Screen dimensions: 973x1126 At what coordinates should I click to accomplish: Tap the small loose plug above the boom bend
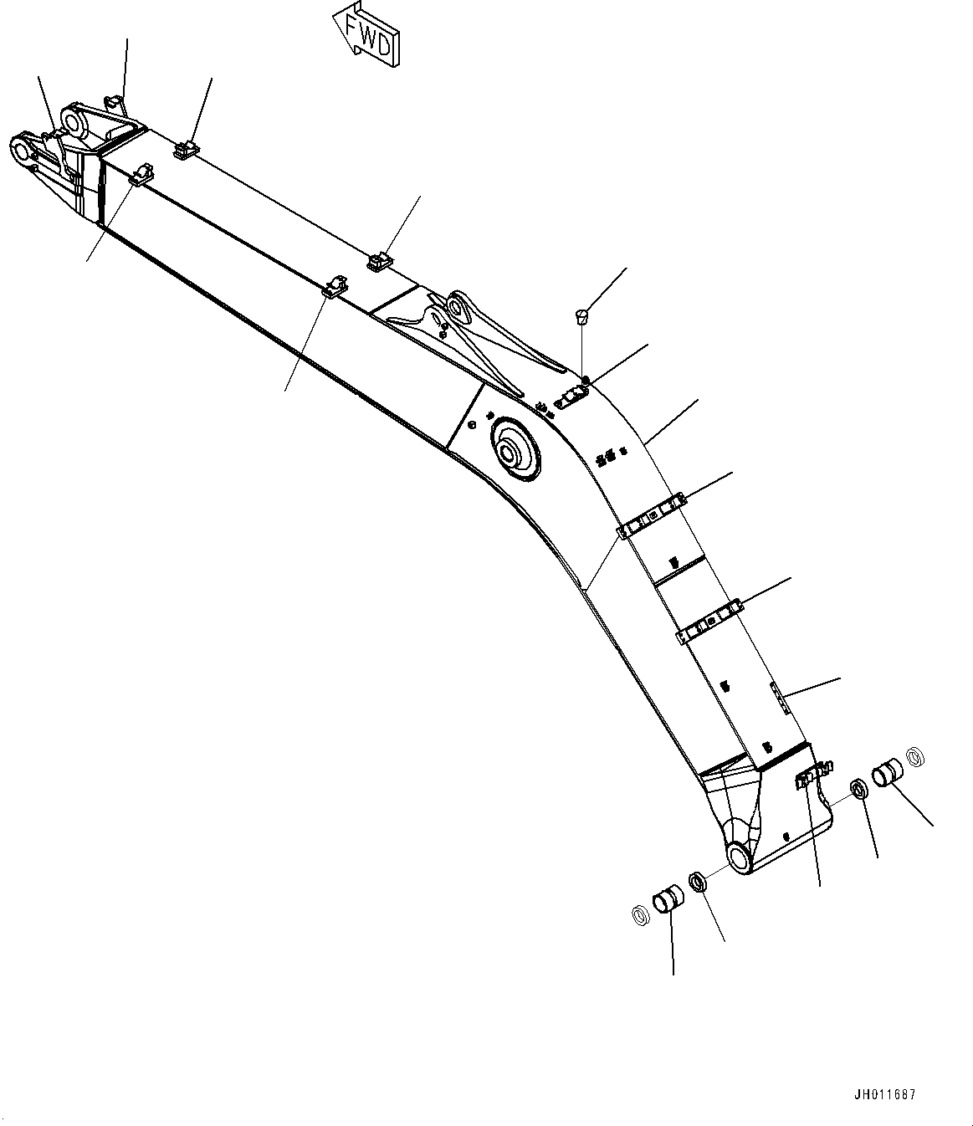(581, 317)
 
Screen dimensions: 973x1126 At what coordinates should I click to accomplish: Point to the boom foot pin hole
(740, 858)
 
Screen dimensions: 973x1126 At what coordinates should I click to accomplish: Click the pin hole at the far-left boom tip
(20, 152)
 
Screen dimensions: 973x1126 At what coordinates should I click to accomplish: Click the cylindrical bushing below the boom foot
(668, 903)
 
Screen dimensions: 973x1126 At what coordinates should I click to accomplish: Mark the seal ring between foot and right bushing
(858, 789)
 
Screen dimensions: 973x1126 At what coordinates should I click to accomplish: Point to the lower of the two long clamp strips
(709, 621)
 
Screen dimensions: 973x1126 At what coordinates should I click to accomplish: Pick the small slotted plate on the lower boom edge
(779, 696)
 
